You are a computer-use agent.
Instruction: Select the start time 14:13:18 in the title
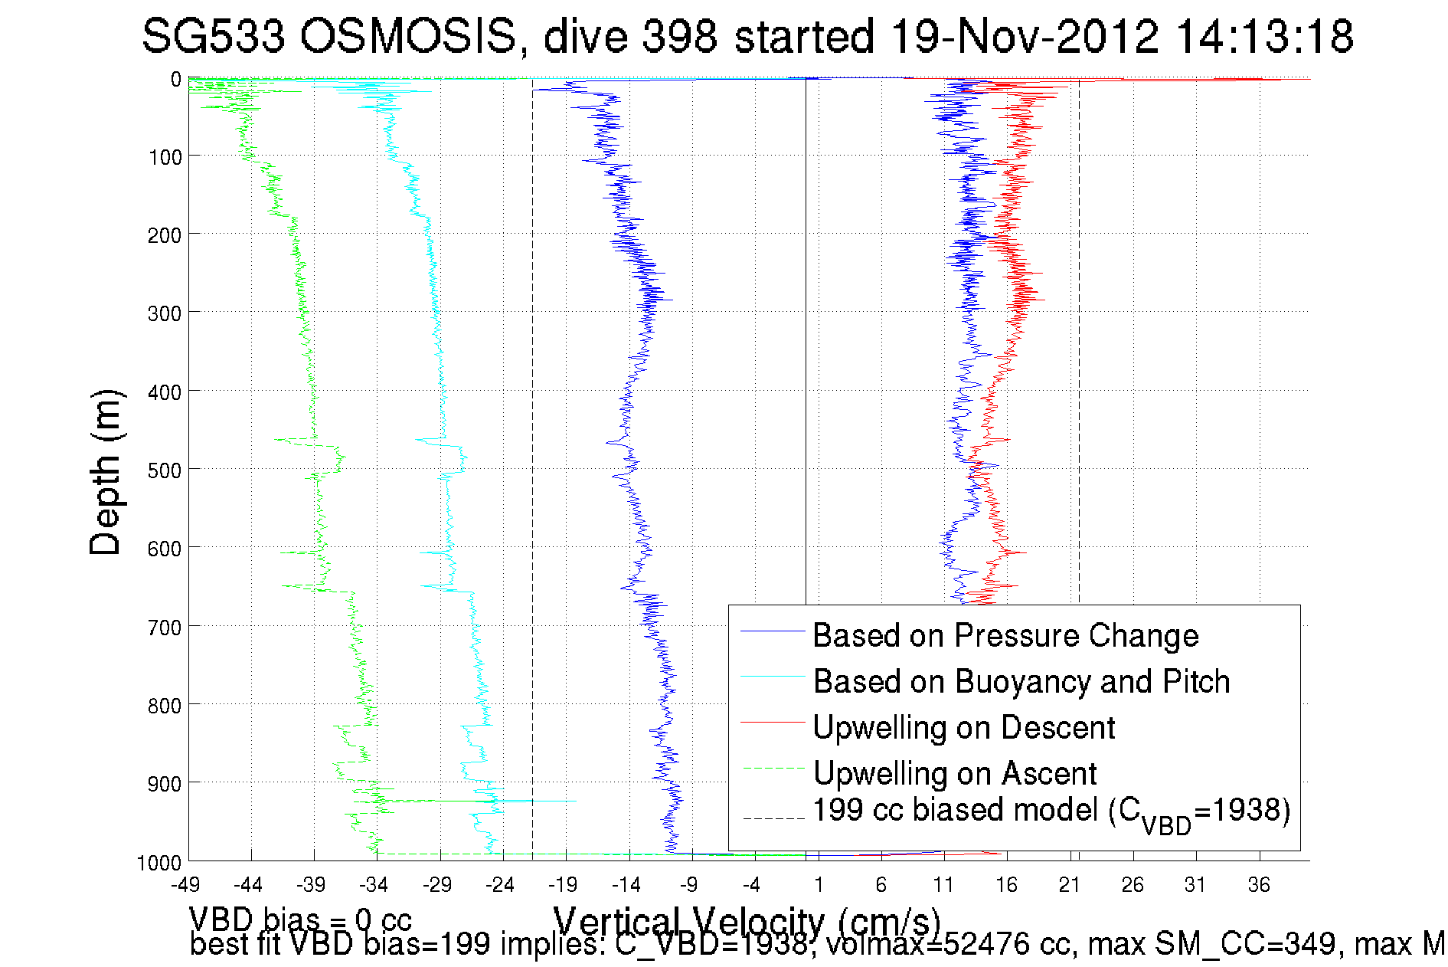point(1264,36)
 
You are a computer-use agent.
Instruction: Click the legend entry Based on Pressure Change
point(1005,635)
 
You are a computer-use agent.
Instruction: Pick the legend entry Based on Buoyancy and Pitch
point(1021,681)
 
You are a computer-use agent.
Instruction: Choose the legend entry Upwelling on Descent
point(963,727)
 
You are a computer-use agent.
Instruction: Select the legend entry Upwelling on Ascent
point(954,773)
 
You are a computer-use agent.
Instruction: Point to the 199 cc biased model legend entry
point(1051,811)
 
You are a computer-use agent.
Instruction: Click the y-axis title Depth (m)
point(105,472)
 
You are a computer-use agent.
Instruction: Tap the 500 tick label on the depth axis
point(164,470)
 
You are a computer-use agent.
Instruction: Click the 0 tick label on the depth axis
point(176,79)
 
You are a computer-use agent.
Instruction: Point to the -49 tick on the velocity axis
point(185,885)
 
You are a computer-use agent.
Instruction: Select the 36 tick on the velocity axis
point(1259,885)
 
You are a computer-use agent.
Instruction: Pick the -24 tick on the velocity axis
point(500,885)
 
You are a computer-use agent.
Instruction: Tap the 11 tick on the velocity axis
point(943,885)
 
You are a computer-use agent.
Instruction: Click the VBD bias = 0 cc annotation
point(300,919)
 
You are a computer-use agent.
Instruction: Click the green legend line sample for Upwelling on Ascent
point(773,768)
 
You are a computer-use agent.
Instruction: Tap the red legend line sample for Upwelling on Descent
point(773,722)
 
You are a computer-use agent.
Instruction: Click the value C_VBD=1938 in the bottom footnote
point(712,945)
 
